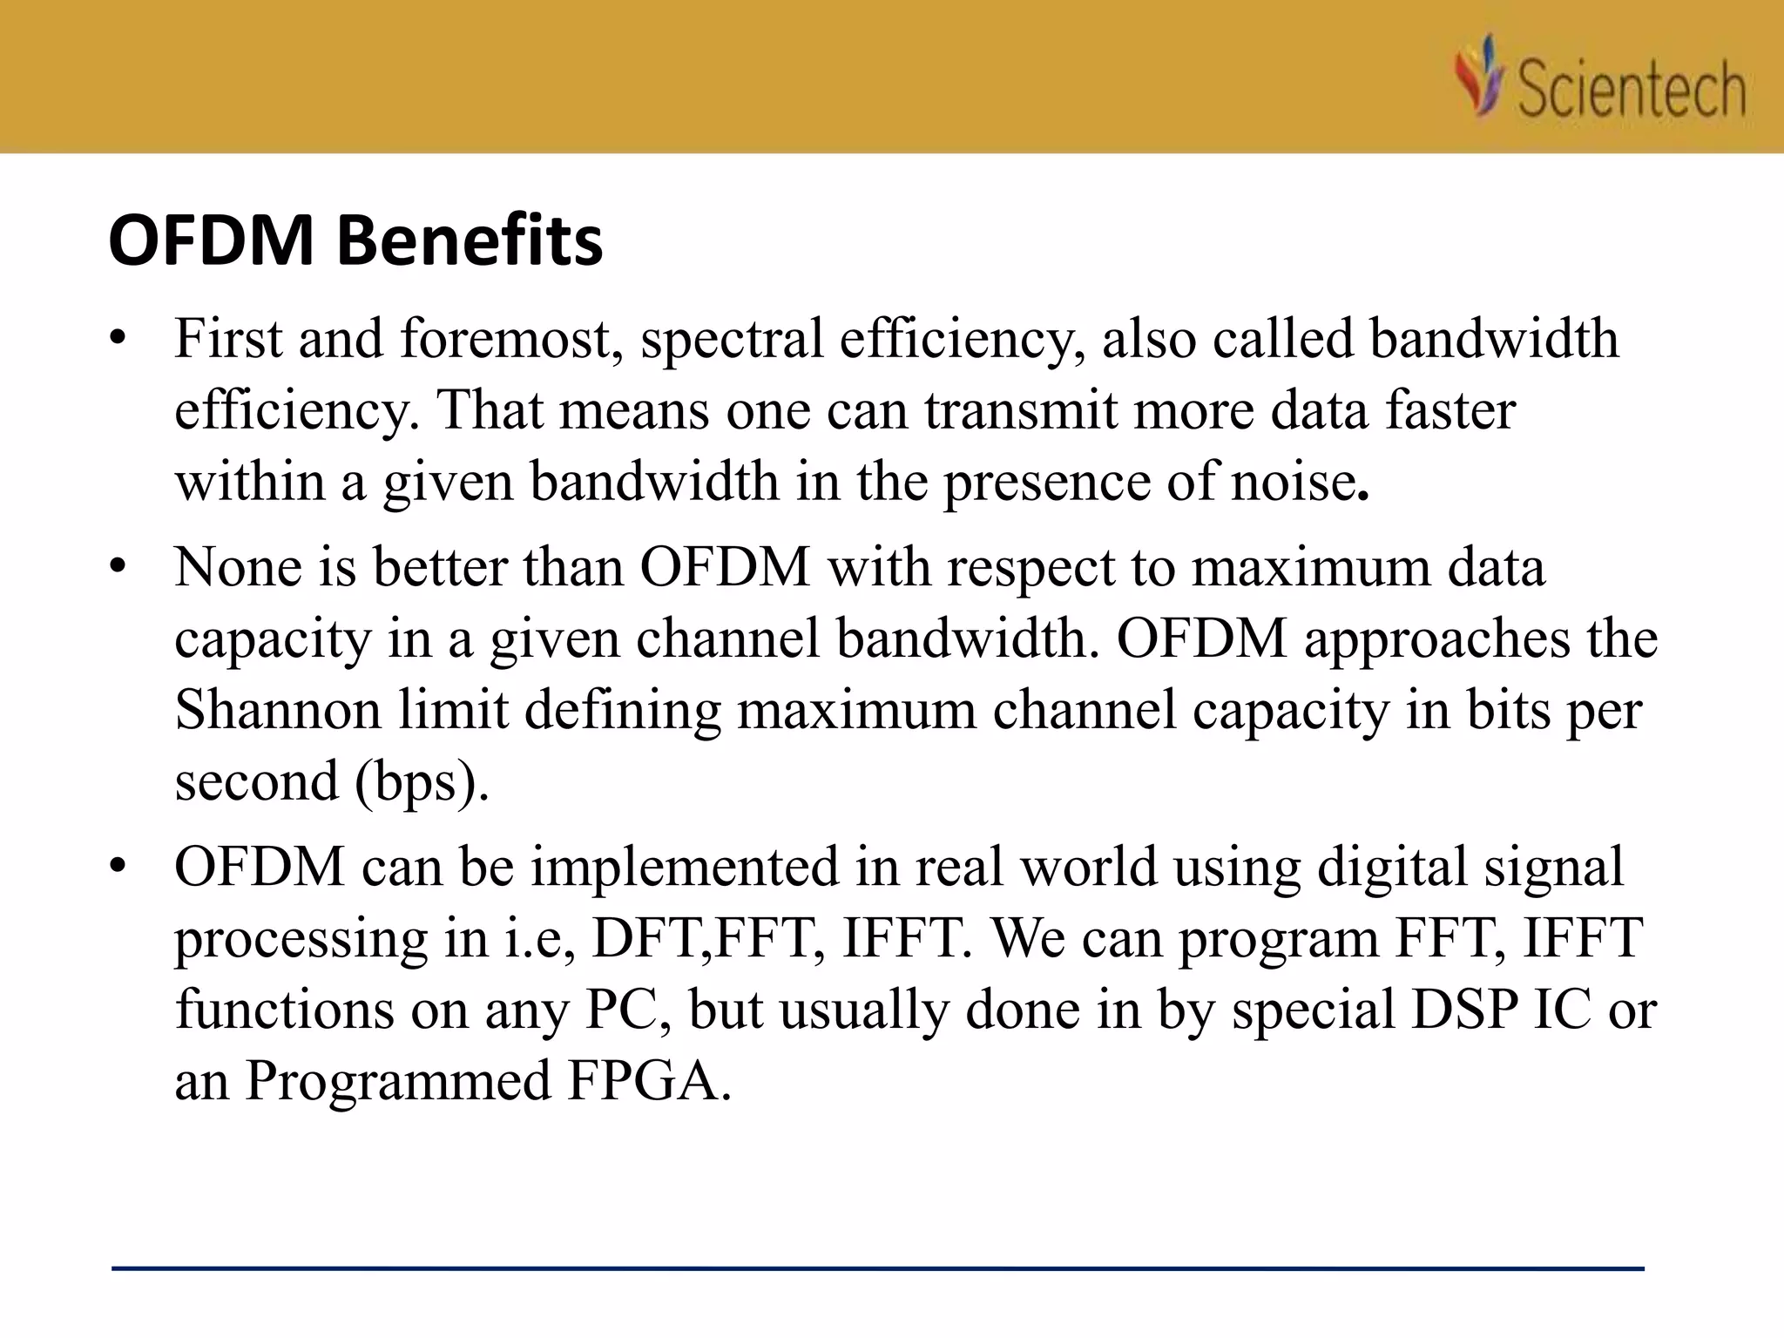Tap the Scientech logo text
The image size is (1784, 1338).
[x=1631, y=89]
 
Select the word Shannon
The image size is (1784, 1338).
[x=278, y=709]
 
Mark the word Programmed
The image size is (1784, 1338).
[x=397, y=1081]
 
